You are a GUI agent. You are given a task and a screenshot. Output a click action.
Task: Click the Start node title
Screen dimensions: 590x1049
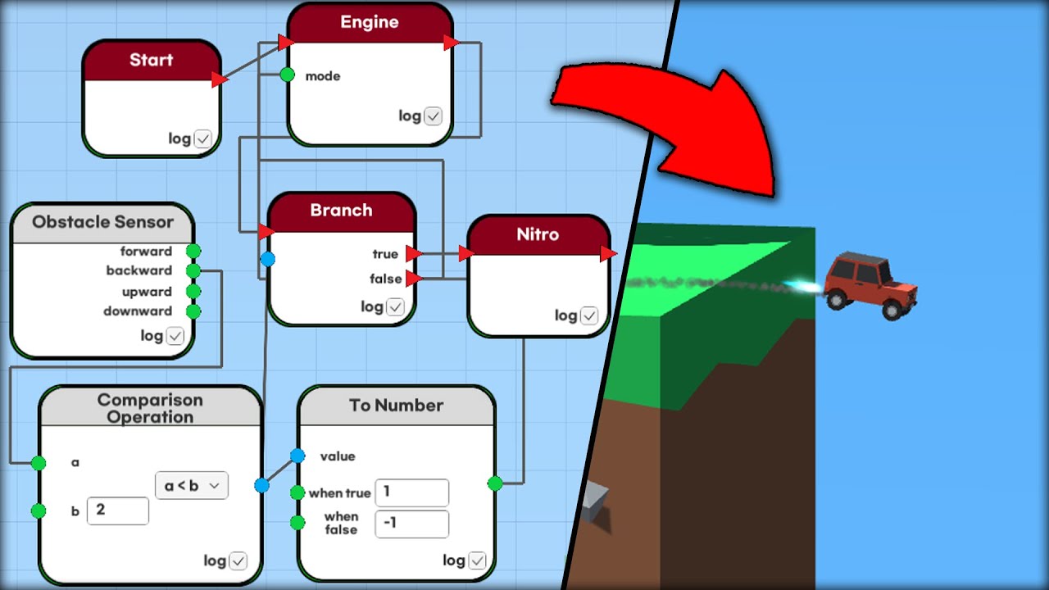[x=151, y=60]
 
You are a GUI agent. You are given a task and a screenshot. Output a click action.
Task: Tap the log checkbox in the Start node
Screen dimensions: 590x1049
[x=202, y=139]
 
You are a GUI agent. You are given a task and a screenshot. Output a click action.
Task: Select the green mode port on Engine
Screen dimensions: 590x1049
[x=287, y=75]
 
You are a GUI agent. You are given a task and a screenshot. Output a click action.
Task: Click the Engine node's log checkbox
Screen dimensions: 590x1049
[x=433, y=116]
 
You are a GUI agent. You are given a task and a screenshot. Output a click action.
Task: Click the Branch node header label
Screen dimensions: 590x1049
[x=341, y=211]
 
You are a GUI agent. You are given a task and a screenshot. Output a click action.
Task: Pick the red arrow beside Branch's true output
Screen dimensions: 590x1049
[x=414, y=254]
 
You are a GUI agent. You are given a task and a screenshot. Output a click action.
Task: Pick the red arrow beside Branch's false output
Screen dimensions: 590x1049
[x=414, y=279]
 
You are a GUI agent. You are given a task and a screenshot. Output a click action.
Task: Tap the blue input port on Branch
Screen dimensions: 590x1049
[x=267, y=259]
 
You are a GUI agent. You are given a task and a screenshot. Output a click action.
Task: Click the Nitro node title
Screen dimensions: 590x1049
[x=538, y=234]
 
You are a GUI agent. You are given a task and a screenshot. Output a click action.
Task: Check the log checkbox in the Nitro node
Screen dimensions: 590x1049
[x=589, y=316]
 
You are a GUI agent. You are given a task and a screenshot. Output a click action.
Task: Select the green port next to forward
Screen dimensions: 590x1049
[x=193, y=251]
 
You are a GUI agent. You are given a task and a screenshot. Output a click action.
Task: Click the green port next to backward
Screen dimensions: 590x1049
[x=193, y=270]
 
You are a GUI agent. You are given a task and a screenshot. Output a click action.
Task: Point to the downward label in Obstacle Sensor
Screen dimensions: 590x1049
[x=138, y=311]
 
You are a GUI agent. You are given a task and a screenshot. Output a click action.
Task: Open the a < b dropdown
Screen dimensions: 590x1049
[x=191, y=485]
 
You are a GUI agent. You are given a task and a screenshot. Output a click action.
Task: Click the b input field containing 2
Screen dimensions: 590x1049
[x=118, y=511]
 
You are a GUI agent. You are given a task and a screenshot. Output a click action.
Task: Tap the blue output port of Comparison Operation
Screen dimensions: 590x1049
[x=261, y=485]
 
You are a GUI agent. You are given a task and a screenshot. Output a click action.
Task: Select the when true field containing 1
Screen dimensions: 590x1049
[x=411, y=492]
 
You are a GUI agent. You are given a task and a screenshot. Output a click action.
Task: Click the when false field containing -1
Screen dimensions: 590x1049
[x=411, y=524]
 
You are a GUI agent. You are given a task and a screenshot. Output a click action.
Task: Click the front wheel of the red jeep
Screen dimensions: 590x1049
[x=892, y=311]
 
